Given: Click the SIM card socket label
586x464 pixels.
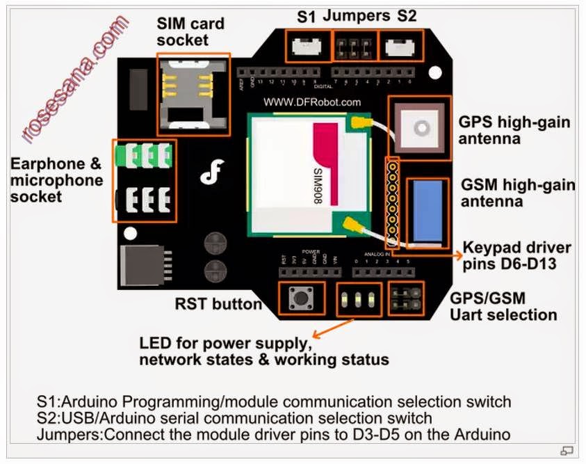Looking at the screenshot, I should [190, 32].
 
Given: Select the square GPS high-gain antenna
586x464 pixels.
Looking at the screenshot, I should [420, 127].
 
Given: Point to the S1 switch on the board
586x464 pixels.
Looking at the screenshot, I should [306, 47].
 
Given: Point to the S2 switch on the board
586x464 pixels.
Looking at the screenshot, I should [398, 47].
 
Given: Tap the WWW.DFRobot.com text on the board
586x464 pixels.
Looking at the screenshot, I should [312, 102].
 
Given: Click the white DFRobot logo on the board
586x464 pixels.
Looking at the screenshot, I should [209, 173].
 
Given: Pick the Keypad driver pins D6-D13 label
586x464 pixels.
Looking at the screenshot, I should [517, 255].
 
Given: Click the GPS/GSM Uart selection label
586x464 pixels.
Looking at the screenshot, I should [503, 307].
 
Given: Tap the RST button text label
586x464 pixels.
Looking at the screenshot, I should [218, 304].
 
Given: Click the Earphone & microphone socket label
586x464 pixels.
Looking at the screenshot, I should [56, 180].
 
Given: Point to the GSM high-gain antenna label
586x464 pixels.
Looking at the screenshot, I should [518, 193].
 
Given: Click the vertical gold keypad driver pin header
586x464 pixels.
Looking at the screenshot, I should [393, 202].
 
